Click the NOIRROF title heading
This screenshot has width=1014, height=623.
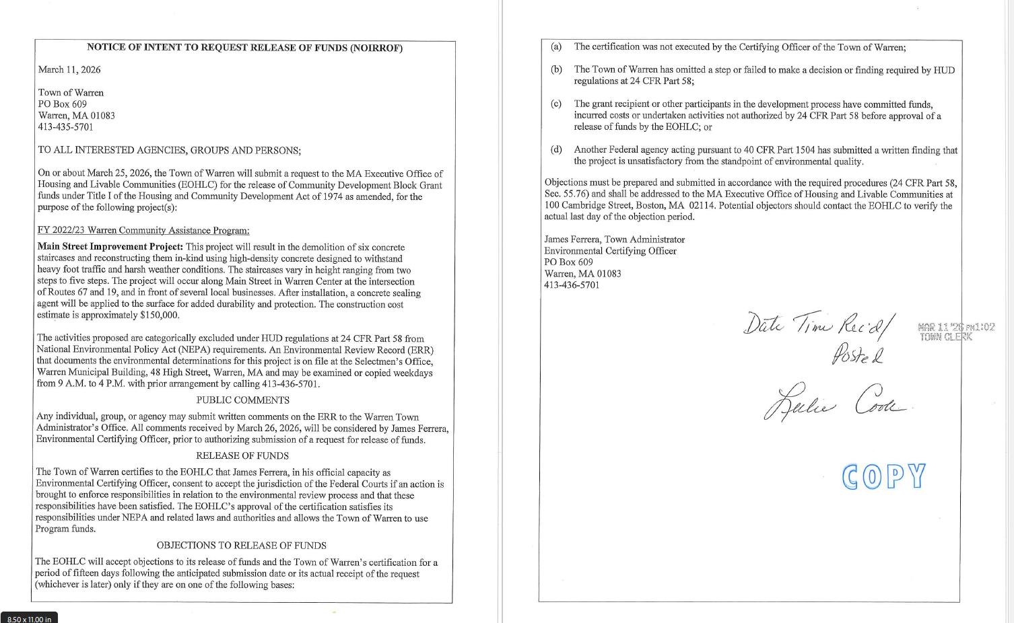(244, 48)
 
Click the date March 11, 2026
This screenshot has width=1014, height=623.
(69, 69)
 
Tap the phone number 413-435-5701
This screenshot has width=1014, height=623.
(65, 126)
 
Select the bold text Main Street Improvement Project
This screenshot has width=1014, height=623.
(110, 247)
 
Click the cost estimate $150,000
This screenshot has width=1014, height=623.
(159, 315)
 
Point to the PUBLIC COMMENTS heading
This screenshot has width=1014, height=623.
(242, 400)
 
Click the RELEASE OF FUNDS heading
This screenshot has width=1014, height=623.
(242, 455)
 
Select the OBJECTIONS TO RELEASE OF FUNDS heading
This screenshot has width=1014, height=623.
(241, 546)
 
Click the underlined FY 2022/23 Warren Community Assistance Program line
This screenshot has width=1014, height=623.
(143, 230)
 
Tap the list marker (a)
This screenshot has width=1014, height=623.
(556, 47)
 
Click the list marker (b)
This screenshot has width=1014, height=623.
(556, 69)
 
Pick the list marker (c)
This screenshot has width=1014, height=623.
(556, 104)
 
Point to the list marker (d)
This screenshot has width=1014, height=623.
(556, 149)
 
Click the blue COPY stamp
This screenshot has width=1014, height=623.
(883, 476)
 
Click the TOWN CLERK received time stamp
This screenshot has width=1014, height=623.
(955, 332)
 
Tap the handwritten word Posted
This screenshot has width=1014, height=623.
(858, 354)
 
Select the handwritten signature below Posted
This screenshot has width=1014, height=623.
(836, 403)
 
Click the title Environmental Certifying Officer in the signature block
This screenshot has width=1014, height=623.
(610, 251)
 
